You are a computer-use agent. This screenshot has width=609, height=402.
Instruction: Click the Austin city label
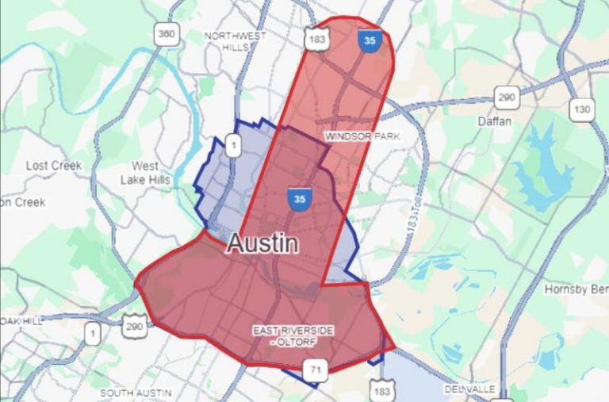(x=262, y=243)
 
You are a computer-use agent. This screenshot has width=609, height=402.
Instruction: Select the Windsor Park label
(x=362, y=136)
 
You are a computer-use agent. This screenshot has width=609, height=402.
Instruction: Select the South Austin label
(x=136, y=392)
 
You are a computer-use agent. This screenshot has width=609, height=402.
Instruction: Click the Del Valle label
(x=469, y=389)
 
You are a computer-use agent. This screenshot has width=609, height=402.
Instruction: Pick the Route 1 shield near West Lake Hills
(x=233, y=144)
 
